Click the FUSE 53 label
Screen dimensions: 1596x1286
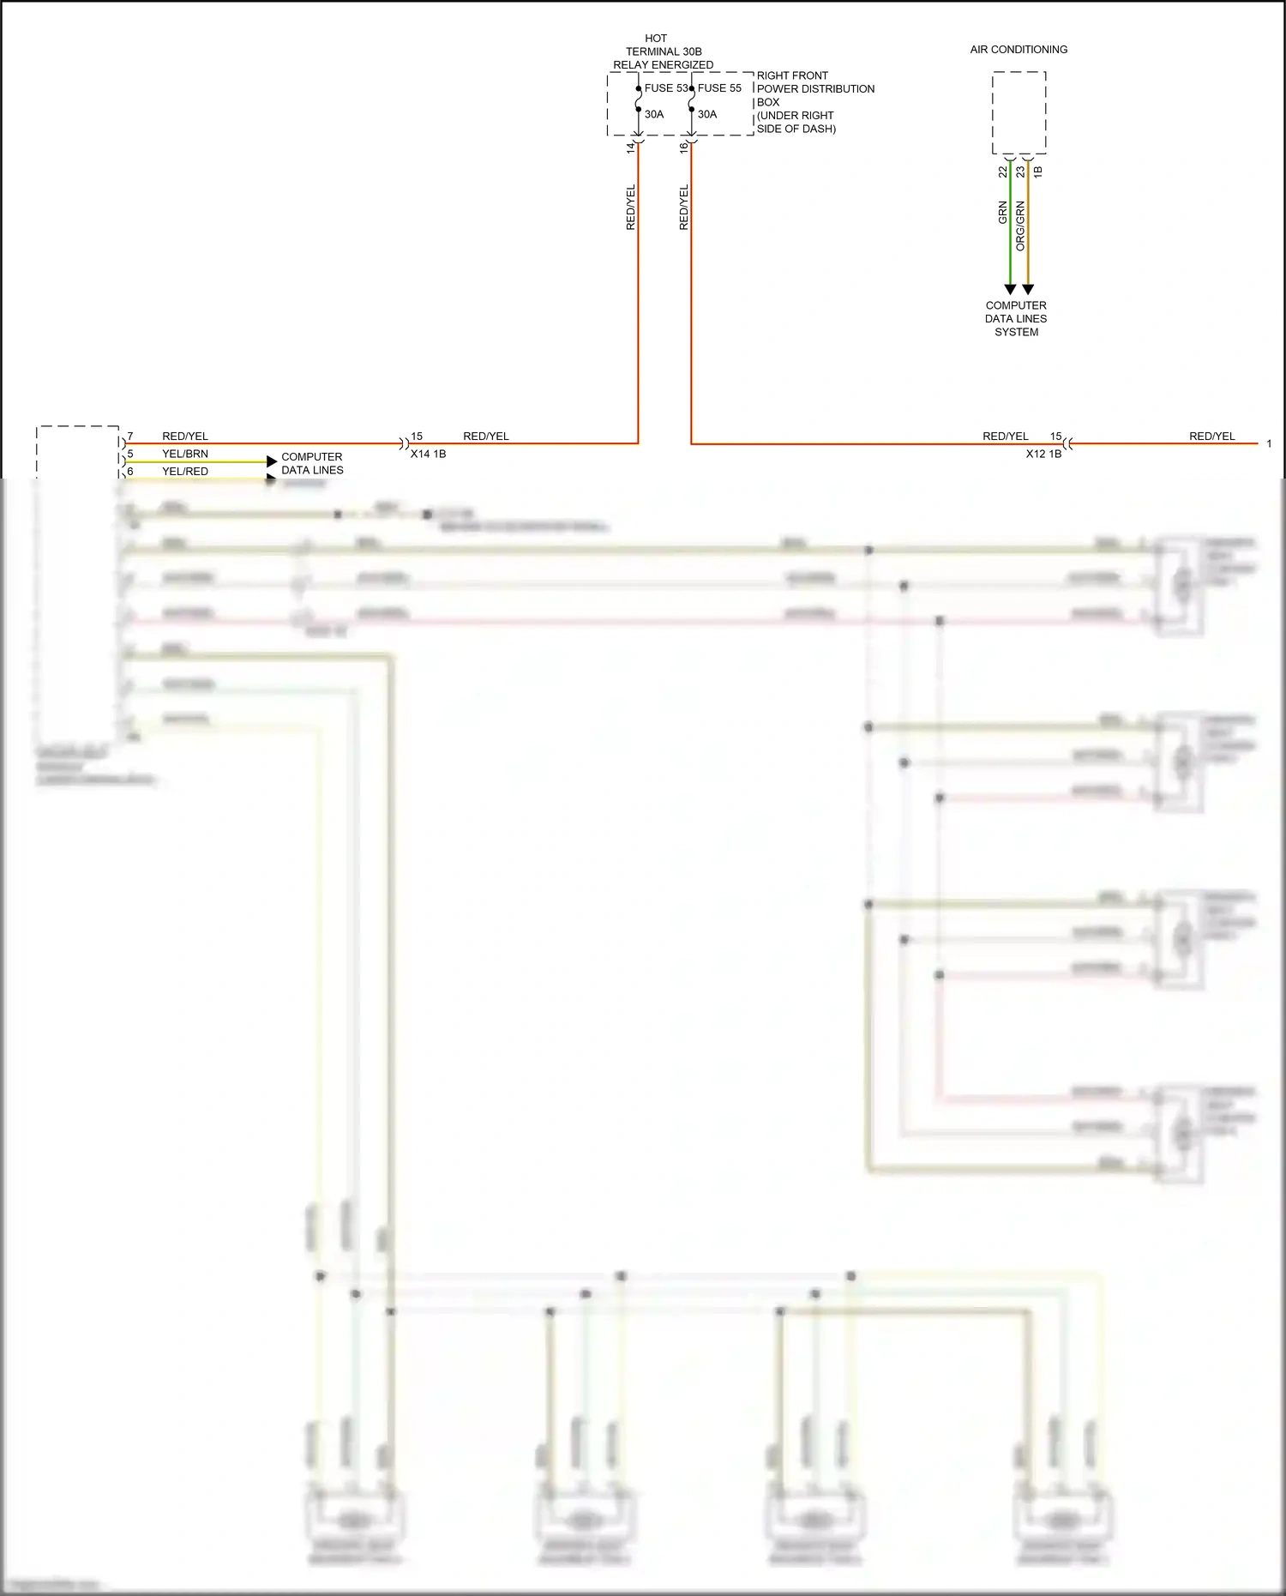tap(665, 88)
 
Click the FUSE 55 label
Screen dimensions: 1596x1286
tap(719, 88)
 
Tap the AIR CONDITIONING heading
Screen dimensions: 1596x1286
tap(1019, 50)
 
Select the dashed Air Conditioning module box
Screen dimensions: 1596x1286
tap(1019, 112)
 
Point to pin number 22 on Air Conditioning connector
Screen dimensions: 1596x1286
tap(1003, 172)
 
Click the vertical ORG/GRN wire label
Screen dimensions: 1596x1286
tap(1020, 226)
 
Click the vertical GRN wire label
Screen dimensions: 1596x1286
tap(1003, 214)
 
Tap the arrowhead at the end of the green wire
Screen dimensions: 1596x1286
tap(1010, 290)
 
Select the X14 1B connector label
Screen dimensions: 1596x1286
tap(428, 454)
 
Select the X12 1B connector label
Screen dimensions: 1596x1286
tap(1043, 454)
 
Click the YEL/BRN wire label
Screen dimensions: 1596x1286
tap(185, 454)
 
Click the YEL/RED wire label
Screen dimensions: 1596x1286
tap(185, 472)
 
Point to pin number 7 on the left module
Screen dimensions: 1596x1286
tap(130, 437)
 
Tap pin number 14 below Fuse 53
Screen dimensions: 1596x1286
tap(631, 148)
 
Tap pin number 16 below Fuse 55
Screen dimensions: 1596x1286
tap(683, 148)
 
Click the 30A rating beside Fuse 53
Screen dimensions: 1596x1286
tap(654, 114)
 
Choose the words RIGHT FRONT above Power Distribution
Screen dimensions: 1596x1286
tap(792, 75)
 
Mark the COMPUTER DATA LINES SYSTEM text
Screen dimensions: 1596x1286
tap(1016, 318)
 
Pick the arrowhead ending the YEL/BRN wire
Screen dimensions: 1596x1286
tap(272, 461)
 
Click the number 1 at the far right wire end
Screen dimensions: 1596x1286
tap(1269, 444)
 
